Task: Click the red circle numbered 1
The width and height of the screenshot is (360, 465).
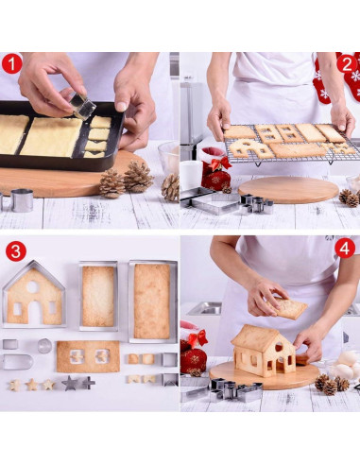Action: [x=12, y=64]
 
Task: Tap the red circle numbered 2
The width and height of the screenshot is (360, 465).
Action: [x=345, y=64]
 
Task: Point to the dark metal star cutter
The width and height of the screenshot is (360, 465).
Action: [x=72, y=383]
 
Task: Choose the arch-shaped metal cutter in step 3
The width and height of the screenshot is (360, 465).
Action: [x=16, y=361]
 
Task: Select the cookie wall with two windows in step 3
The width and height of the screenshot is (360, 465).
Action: [x=88, y=356]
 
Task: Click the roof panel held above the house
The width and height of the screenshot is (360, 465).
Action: [x=290, y=308]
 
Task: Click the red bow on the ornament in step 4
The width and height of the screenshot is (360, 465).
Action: [x=197, y=337]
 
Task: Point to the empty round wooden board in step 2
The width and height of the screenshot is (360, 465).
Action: [x=288, y=189]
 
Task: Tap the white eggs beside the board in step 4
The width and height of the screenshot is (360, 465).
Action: [x=344, y=365]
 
